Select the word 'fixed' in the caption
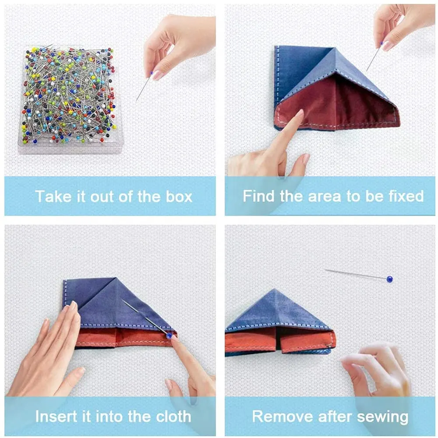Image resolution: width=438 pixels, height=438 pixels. (x=405, y=196)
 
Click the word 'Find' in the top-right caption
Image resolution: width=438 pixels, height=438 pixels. (x=259, y=196)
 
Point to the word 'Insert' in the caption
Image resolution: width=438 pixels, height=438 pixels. (x=57, y=416)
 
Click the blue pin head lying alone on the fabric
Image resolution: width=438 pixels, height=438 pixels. (x=389, y=279)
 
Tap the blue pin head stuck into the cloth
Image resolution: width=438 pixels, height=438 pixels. (x=169, y=336)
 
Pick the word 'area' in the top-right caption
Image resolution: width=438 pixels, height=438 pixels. (x=325, y=196)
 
